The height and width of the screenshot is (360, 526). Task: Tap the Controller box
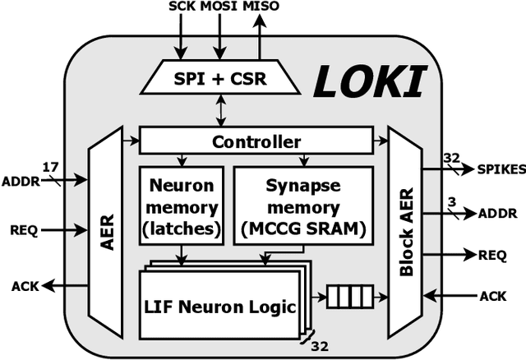pyautogui.click(x=256, y=141)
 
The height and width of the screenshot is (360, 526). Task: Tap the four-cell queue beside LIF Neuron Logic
pyautogui.click(x=350, y=296)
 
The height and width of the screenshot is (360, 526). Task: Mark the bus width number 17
pyautogui.click(x=50, y=166)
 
